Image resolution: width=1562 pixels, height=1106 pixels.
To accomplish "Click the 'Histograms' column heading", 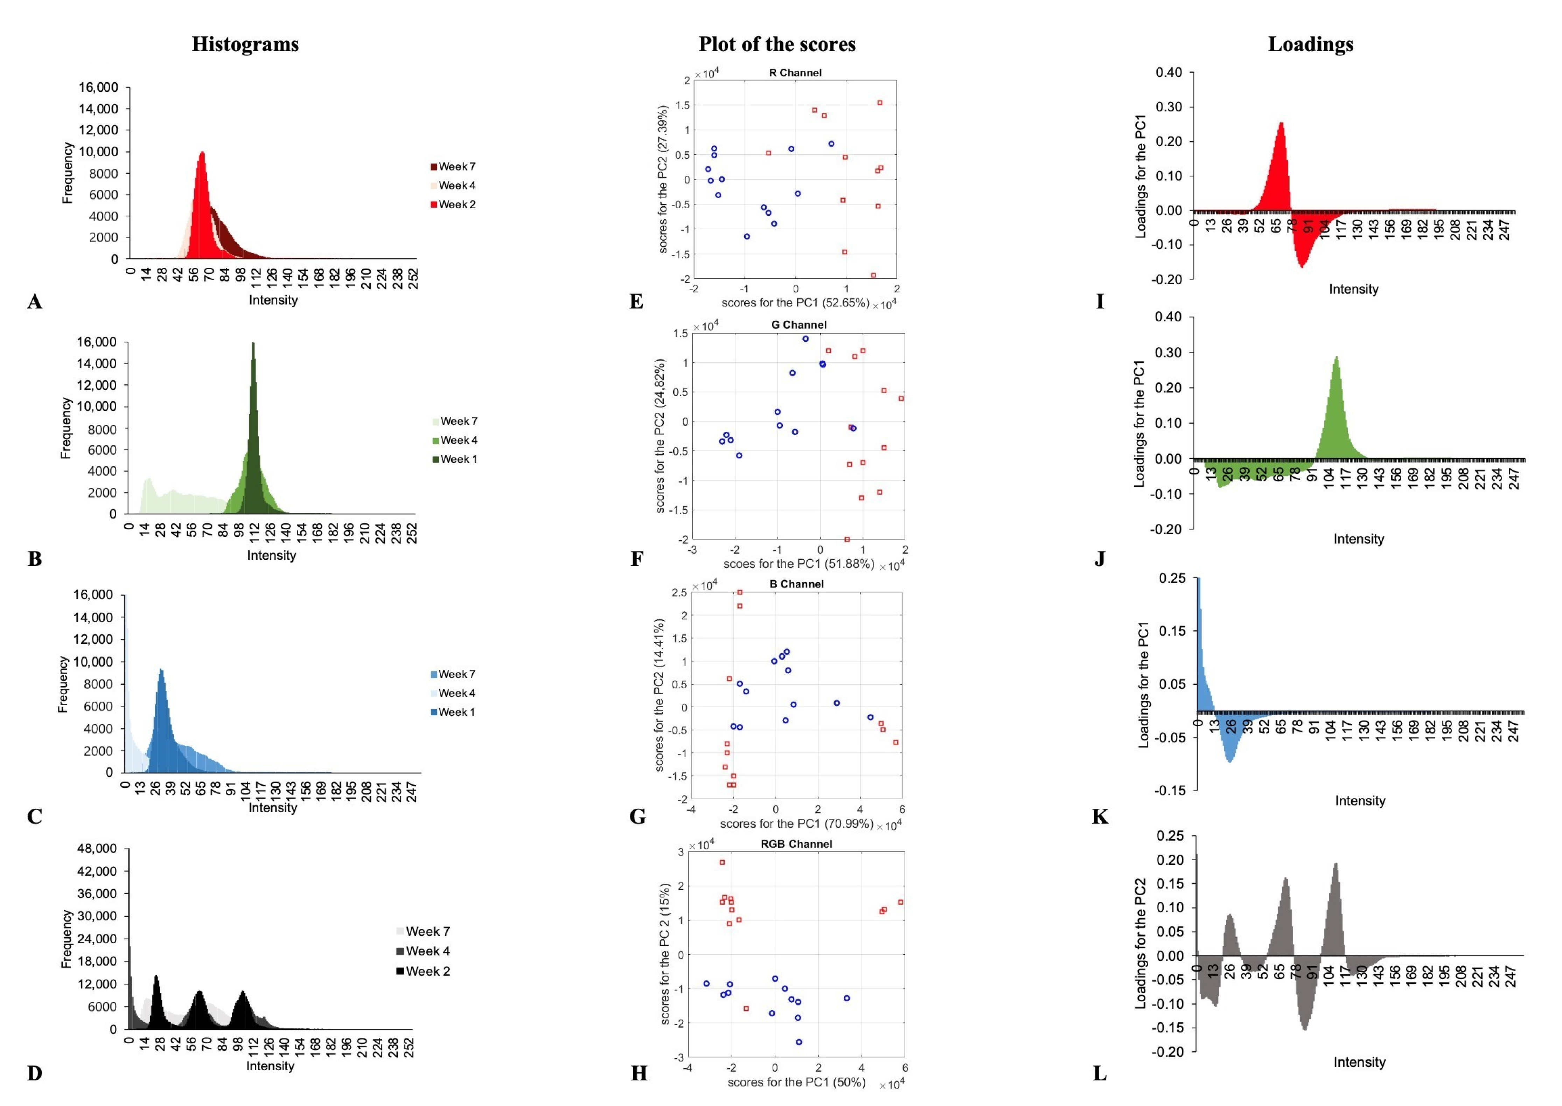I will (245, 44).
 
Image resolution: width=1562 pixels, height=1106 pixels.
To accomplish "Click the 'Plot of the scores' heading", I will (777, 44).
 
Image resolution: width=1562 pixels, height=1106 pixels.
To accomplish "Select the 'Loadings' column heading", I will (1310, 44).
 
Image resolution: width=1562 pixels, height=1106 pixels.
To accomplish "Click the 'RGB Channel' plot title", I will (796, 844).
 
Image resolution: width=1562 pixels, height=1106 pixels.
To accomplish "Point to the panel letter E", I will (636, 302).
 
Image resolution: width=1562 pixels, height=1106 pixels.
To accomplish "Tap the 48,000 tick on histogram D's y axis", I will (97, 849).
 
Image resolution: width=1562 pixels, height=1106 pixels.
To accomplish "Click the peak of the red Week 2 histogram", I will (202, 153).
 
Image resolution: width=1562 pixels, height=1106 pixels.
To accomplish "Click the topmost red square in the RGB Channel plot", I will (722, 862).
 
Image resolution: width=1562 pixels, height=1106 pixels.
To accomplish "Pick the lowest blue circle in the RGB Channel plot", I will (799, 1042).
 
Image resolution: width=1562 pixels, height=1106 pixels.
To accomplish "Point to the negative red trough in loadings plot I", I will (1301, 266).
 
